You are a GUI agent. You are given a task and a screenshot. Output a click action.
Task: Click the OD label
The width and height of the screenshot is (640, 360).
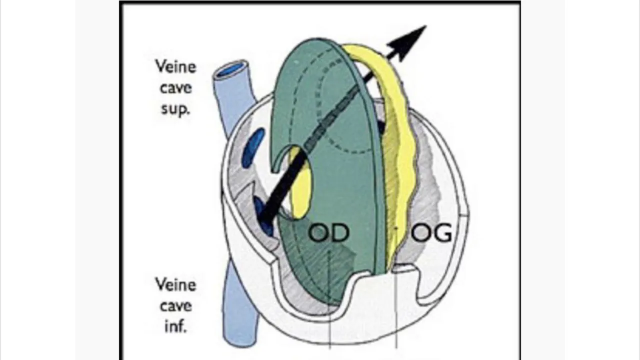(328, 232)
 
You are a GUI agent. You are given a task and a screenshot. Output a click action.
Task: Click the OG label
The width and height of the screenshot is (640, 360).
(431, 232)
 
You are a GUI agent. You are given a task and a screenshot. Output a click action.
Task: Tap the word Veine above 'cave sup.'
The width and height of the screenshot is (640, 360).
(175, 67)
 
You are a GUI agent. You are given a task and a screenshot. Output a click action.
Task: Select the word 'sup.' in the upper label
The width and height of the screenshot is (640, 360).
(175, 109)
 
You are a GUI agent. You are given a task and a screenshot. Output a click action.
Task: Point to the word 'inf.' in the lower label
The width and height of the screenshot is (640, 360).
(175, 326)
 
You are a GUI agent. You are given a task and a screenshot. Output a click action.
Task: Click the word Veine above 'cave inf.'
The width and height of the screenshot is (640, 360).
(175, 285)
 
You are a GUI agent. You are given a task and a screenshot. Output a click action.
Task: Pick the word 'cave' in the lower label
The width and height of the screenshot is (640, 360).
(175, 306)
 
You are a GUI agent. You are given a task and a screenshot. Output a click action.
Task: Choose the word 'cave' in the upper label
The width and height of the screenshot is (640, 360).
(175, 88)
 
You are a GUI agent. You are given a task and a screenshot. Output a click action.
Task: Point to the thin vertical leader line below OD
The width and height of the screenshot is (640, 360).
(330, 300)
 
